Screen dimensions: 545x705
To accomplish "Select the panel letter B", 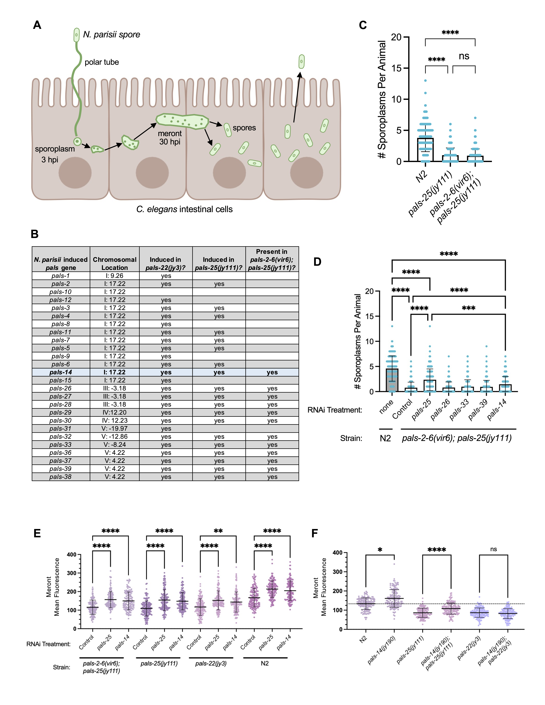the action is point(35,234).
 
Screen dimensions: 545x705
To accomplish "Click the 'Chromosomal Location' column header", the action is point(115,263).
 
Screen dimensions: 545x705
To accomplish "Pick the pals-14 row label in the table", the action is point(61,372).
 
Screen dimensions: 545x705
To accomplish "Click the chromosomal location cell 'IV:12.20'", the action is point(115,413).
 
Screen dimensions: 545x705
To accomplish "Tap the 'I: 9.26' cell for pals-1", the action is point(115,276).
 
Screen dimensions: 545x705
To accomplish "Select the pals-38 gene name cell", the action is point(61,477).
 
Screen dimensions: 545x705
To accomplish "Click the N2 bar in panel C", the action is point(426,149).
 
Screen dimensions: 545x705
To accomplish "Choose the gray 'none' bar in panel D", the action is point(392,380).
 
